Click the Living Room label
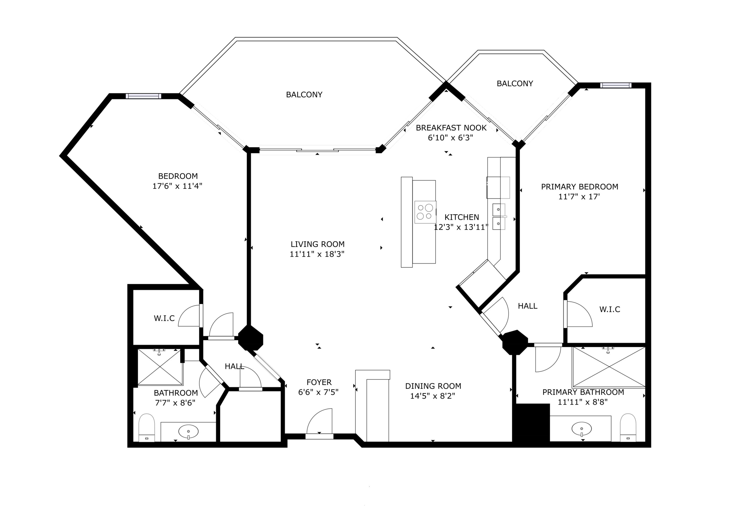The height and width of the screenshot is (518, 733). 317,244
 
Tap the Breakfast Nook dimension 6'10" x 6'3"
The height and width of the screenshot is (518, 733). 450,138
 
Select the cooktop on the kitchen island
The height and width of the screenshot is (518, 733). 425,212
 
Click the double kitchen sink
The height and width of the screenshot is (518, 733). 499,217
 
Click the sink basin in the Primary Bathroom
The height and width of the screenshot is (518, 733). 582,429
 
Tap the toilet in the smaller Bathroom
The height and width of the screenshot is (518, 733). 147,428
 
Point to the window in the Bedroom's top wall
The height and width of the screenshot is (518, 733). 143,96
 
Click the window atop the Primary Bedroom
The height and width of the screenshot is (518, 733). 616,85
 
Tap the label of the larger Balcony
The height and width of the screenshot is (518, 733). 304,94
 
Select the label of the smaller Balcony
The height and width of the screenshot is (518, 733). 515,84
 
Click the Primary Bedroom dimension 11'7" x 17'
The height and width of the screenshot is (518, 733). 579,197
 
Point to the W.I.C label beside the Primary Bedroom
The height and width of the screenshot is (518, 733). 609,309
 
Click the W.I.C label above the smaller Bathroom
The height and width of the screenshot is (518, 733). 164,318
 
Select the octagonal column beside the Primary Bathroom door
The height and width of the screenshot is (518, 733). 515,343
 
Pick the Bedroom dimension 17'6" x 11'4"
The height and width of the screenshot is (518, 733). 177,186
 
